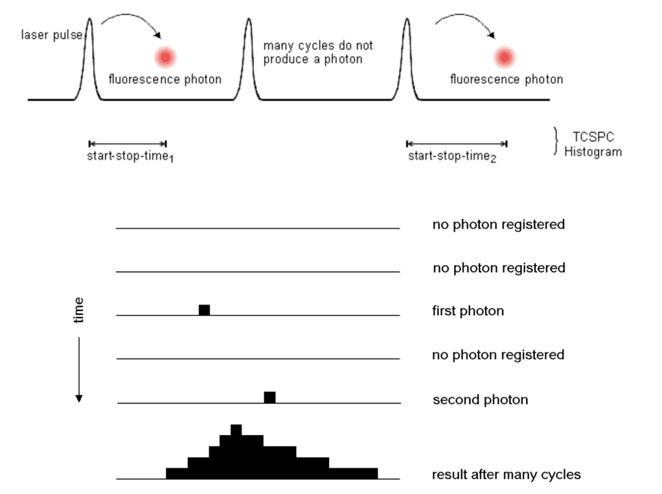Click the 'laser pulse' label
51,34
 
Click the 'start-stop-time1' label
130,156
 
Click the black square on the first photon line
204,310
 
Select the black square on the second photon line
270,397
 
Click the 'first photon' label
467,311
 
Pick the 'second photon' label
480,400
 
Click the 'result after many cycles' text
506,475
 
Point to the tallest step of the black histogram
236,430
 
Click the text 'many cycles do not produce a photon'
317,52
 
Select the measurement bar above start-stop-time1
127,144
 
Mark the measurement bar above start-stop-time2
456,144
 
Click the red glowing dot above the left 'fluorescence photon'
165,58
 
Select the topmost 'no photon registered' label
498,224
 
